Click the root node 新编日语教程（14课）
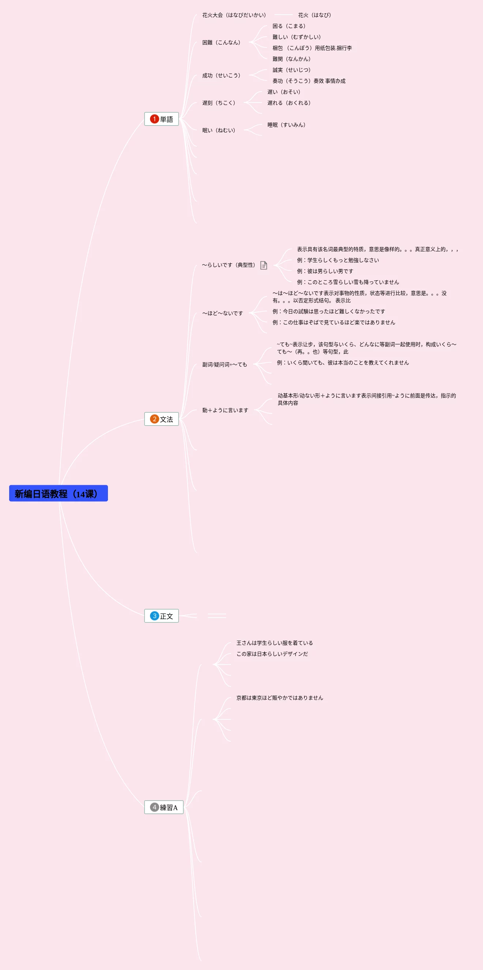pos(58,493)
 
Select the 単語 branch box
pos(161,119)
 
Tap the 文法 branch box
pos(161,419)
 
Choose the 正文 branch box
pos(161,616)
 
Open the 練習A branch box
pos(164,807)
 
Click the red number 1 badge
pos(154,119)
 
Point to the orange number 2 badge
pos(154,419)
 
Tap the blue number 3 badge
pos(154,616)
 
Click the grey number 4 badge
pos(154,807)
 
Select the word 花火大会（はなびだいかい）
pos(234,15)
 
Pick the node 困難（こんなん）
pos(221,42)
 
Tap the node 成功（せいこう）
pos(221,75)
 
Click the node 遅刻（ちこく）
pos(218,103)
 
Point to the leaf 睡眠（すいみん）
pos(286,125)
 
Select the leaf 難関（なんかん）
pos(291,59)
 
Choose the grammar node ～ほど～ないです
pos(222,313)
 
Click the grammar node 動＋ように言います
pos(225,410)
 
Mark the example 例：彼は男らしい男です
pos(325,271)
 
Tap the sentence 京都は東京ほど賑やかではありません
pos(280,698)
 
